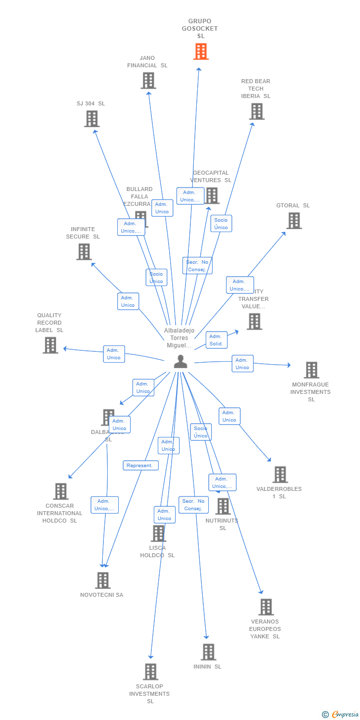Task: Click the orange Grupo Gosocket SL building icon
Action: (x=201, y=51)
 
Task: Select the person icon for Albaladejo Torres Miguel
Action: (x=180, y=362)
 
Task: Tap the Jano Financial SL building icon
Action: (x=148, y=80)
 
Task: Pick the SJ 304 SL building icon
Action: (x=92, y=119)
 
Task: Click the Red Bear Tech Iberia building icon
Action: (x=257, y=111)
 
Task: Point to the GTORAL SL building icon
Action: (x=294, y=221)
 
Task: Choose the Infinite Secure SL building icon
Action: (x=84, y=251)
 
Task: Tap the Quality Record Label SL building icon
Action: (x=50, y=345)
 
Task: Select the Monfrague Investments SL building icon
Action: (x=311, y=370)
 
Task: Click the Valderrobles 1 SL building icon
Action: (x=280, y=475)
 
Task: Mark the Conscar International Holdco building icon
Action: (x=61, y=491)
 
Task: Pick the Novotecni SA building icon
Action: (x=102, y=580)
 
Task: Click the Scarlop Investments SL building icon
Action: (x=150, y=672)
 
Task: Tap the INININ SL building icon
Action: (x=208, y=652)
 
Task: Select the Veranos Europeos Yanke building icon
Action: (x=266, y=607)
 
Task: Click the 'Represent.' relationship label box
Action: (x=141, y=466)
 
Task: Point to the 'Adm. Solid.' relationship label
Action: (x=216, y=340)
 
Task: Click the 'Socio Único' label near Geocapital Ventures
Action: (x=221, y=224)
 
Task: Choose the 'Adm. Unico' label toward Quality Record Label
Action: (x=114, y=354)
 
